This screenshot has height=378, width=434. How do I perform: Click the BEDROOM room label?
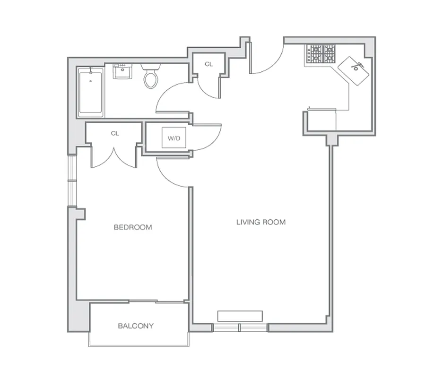point(133,227)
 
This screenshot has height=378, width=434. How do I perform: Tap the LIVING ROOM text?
point(261,222)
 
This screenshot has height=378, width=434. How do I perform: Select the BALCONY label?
point(136,326)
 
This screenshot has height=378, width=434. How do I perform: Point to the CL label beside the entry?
point(208,64)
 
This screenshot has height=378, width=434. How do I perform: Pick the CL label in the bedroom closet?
point(115,133)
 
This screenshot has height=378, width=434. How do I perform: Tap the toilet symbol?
point(151,77)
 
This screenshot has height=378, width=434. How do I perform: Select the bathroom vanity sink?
point(123,72)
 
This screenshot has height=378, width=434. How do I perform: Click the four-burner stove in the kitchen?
point(321,53)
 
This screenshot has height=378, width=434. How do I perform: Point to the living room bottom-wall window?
point(240,327)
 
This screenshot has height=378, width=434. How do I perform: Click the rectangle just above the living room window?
point(240,316)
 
